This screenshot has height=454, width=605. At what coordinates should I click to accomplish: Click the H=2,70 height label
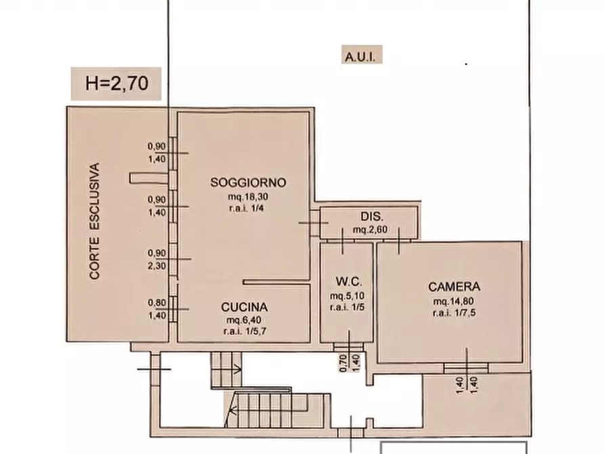point(117,83)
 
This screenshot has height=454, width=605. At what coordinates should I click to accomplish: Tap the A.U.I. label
point(360,58)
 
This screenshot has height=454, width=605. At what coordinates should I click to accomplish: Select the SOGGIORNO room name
point(248,182)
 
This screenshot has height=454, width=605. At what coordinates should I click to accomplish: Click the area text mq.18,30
point(248,197)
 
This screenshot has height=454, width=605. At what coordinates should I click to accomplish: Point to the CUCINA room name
point(245,307)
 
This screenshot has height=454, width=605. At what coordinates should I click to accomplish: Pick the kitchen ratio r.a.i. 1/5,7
point(245,331)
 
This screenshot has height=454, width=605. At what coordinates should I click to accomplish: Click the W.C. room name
point(349,282)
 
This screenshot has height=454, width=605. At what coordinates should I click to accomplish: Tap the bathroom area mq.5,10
point(348,295)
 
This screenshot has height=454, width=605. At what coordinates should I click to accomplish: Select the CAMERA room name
point(454,287)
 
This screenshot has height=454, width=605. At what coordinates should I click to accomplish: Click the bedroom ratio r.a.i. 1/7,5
point(454,312)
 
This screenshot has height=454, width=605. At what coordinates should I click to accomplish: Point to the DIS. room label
point(373,217)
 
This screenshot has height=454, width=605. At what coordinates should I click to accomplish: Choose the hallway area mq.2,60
point(370,229)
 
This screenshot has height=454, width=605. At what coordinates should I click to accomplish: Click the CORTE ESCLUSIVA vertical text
point(95,221)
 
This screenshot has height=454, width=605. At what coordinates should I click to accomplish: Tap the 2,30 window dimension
point(157,266)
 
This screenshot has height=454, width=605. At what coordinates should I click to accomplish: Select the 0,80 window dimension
point(157,303)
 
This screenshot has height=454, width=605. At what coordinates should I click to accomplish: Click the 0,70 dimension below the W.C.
point(343,363)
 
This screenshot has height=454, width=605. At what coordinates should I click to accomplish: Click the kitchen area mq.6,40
point(244,320)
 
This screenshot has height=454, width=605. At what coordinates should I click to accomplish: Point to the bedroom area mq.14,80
point(454,301)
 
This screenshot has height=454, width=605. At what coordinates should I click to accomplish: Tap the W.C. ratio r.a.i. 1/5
point(348,308)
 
